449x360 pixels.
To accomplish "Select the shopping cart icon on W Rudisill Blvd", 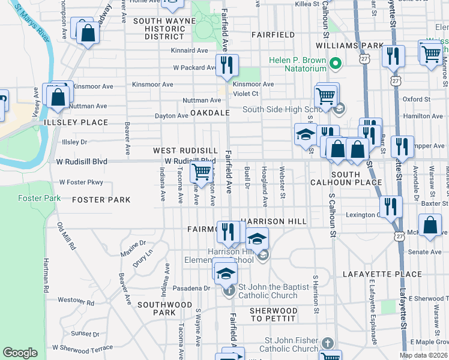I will click(201, 172).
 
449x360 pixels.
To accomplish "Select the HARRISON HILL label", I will click(274, 221).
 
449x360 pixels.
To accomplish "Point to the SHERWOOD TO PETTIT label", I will click(274, 314).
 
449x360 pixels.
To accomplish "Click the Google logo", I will click(20, 353).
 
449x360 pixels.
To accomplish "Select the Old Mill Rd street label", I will click(66, 236).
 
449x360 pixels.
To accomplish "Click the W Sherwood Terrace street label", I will click(82, 347).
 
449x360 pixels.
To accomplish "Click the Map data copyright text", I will click(423, 355).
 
